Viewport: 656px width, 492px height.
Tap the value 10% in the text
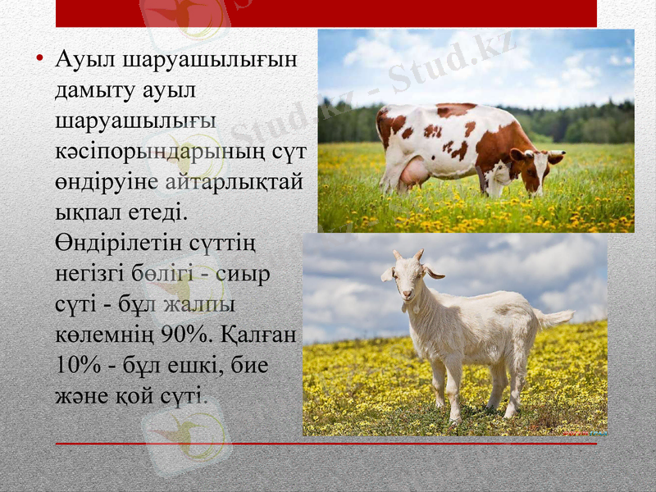tap(76, 365)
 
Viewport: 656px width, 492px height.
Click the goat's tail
tap(555, 317)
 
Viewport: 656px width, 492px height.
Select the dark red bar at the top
tap(326, 13)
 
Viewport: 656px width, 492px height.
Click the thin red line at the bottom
tap(326, 444)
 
